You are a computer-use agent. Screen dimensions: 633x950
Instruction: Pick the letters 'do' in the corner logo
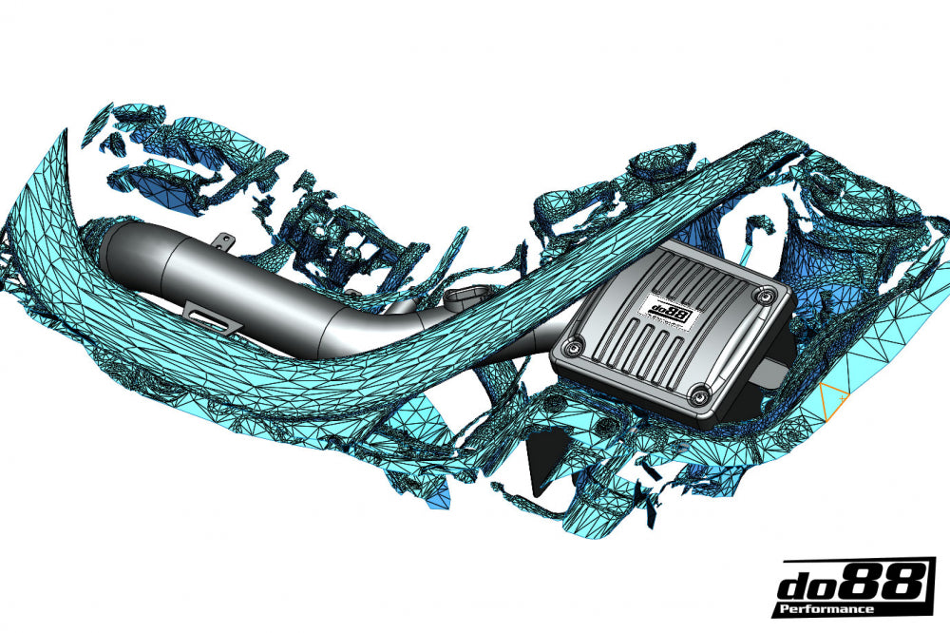click(806, 582)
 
